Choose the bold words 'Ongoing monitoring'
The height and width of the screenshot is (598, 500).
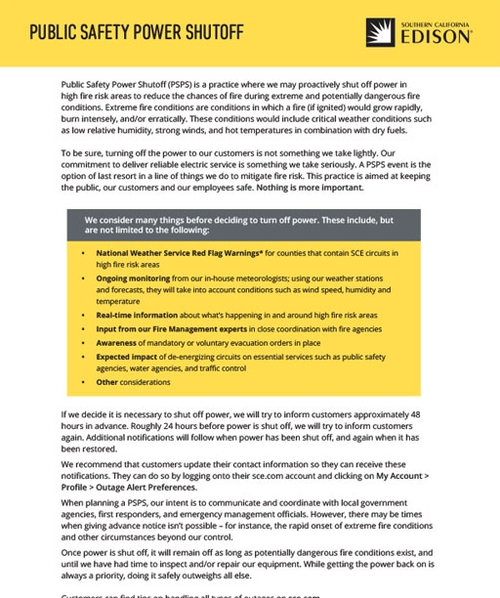[x=135, y=278]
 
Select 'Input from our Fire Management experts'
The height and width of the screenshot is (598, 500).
[x=166, y=329]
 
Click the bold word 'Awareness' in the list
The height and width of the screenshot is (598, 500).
[x=117, y=343]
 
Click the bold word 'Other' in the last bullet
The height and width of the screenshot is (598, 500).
[x=107, y=382]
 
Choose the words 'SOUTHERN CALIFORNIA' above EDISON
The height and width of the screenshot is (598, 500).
[x=436, y=22]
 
